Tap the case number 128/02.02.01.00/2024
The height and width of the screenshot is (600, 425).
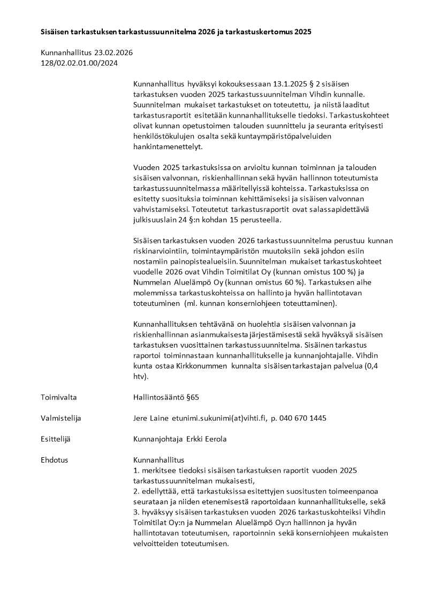(79, 63)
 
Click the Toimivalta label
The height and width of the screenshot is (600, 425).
(59, 397)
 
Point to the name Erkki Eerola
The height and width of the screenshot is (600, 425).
(206, 439)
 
